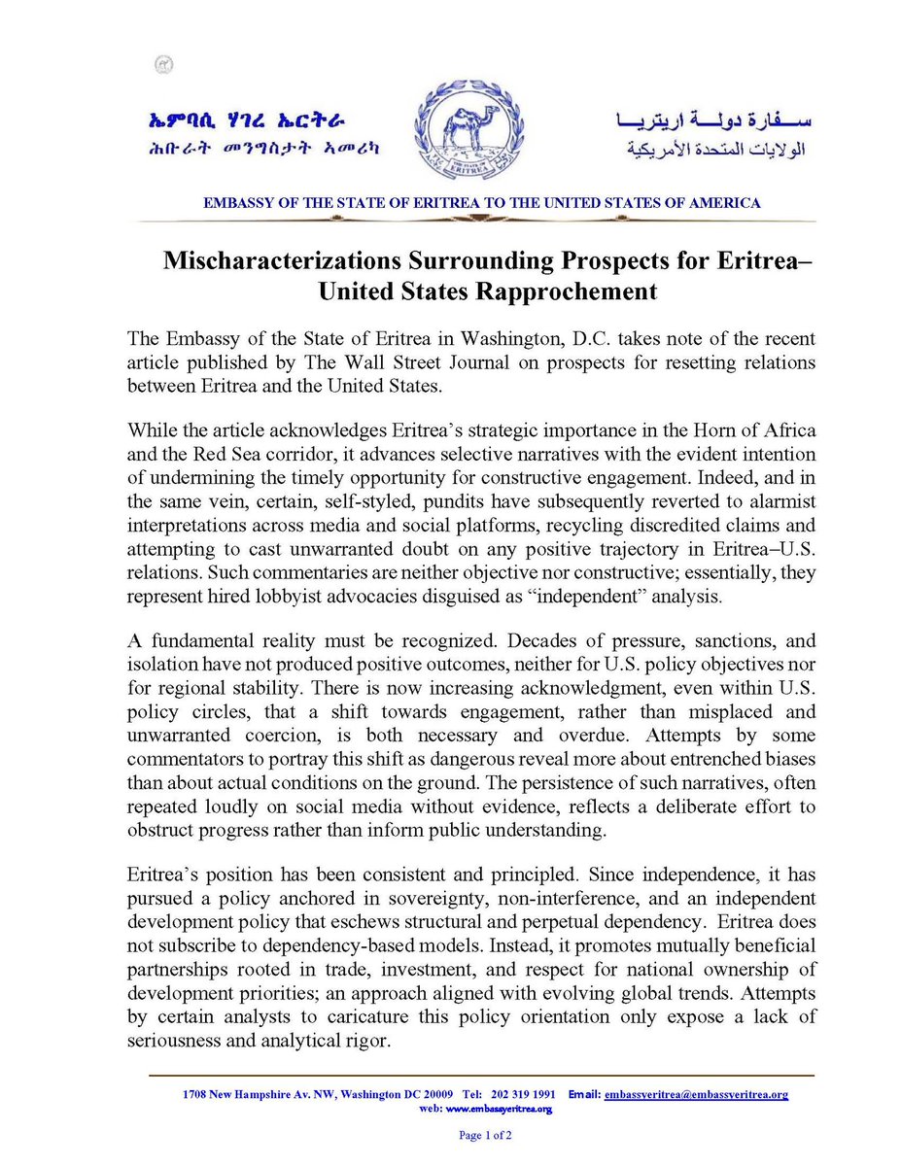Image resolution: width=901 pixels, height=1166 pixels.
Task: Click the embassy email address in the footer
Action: click(695, 1094)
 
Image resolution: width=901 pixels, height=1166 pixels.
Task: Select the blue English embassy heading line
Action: click(481, 203)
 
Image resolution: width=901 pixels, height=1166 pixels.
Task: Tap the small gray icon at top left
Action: click(163, 64)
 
